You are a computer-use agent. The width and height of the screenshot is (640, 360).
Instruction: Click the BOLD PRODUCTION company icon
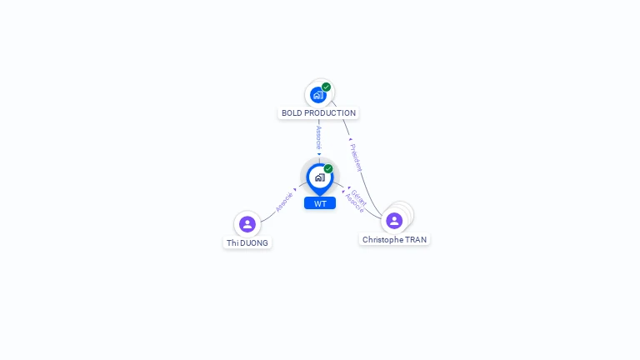pos(318,95)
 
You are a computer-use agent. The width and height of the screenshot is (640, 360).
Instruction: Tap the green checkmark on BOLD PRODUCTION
pos(327,87)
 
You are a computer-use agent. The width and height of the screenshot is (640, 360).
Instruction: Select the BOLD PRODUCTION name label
pos(318,113)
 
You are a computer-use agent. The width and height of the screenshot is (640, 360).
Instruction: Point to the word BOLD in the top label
pos(292,113)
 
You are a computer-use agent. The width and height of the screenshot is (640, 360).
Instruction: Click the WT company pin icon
pos(319,177)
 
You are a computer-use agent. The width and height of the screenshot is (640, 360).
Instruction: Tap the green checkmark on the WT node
pos(328,169)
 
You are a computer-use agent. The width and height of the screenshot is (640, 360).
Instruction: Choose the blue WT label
pos(320,203)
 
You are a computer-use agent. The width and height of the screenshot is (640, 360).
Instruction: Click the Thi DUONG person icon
pos(247,224)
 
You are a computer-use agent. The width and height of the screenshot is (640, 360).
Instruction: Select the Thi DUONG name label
pos(247,243)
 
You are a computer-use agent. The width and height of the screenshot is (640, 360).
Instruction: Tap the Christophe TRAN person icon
pos(394,221)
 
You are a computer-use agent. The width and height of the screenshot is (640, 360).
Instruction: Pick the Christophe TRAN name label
pos(394,240)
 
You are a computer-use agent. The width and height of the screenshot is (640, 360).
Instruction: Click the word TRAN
pos(415,240)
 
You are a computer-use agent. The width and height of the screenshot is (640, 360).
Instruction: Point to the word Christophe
pos(382,240)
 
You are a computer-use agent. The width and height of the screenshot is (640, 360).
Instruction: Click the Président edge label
pos(356,157)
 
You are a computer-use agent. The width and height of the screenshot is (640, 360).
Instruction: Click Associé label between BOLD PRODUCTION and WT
pos(318,137)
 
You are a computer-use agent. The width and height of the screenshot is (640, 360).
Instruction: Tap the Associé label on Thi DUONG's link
pos(283,202)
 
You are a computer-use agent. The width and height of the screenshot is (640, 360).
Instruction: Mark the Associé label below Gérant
pos(354,203)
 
